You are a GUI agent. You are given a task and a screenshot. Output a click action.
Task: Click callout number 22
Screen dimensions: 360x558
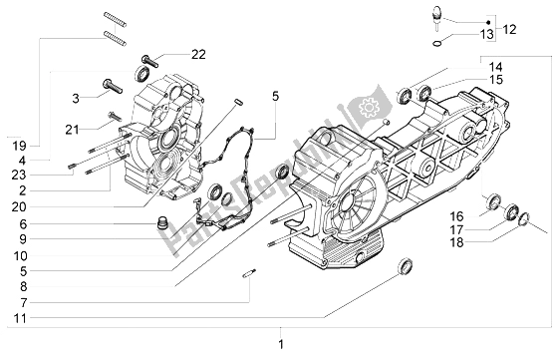pyautogui.click(x=198, y=53)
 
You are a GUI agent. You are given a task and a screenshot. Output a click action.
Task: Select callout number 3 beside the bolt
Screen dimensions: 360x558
pyautogui.click(x=74, y=97)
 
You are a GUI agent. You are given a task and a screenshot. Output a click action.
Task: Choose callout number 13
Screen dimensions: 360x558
pyautogui.click(x=485, y=35)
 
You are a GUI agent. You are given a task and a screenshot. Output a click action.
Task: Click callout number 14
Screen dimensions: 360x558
pyautogui.click(x=496, y=66)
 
